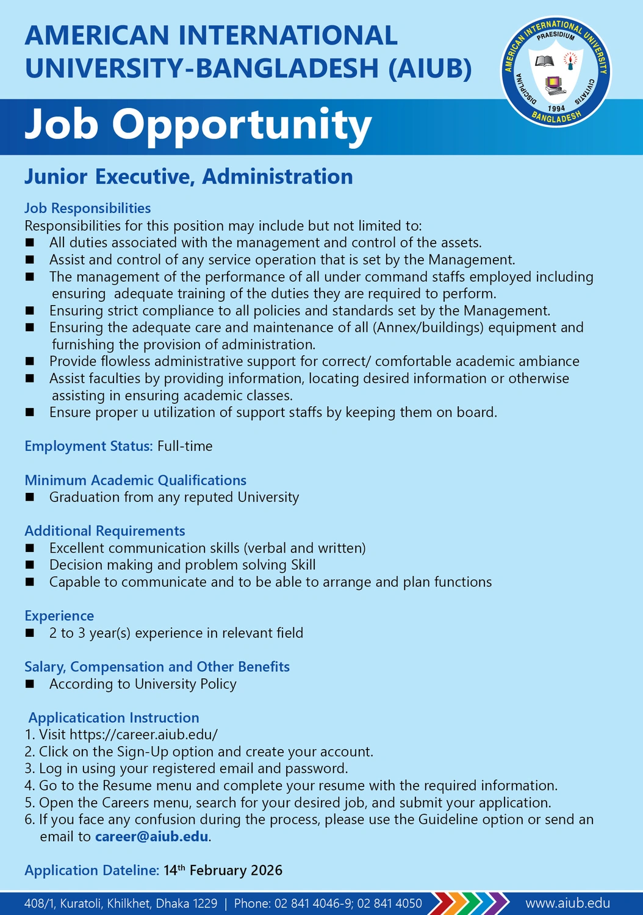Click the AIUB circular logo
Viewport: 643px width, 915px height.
click(556, 71)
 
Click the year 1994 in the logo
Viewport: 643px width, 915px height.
click(556, 109)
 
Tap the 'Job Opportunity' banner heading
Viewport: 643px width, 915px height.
click(198, 125)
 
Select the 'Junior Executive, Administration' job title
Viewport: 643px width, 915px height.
click(189, 177)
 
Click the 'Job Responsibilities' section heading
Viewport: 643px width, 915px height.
click(87, 209)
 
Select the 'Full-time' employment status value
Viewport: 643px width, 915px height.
click(185, 447)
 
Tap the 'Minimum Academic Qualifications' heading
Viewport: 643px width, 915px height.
click(135, 481)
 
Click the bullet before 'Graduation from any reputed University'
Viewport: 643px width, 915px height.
click(30, 498)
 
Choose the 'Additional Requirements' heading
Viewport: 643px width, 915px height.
click(104, 531)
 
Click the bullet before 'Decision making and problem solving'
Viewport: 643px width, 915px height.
click(30, 565)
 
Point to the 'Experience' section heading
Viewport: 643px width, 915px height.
click(59, 616)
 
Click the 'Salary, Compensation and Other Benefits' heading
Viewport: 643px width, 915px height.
click(157, 667)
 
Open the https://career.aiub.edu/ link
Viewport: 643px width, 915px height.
click(143, 735)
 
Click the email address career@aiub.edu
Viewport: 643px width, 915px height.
click(152, 837)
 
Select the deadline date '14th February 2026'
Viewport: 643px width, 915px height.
click(223, 870)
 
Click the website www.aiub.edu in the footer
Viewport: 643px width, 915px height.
click(567, 903)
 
